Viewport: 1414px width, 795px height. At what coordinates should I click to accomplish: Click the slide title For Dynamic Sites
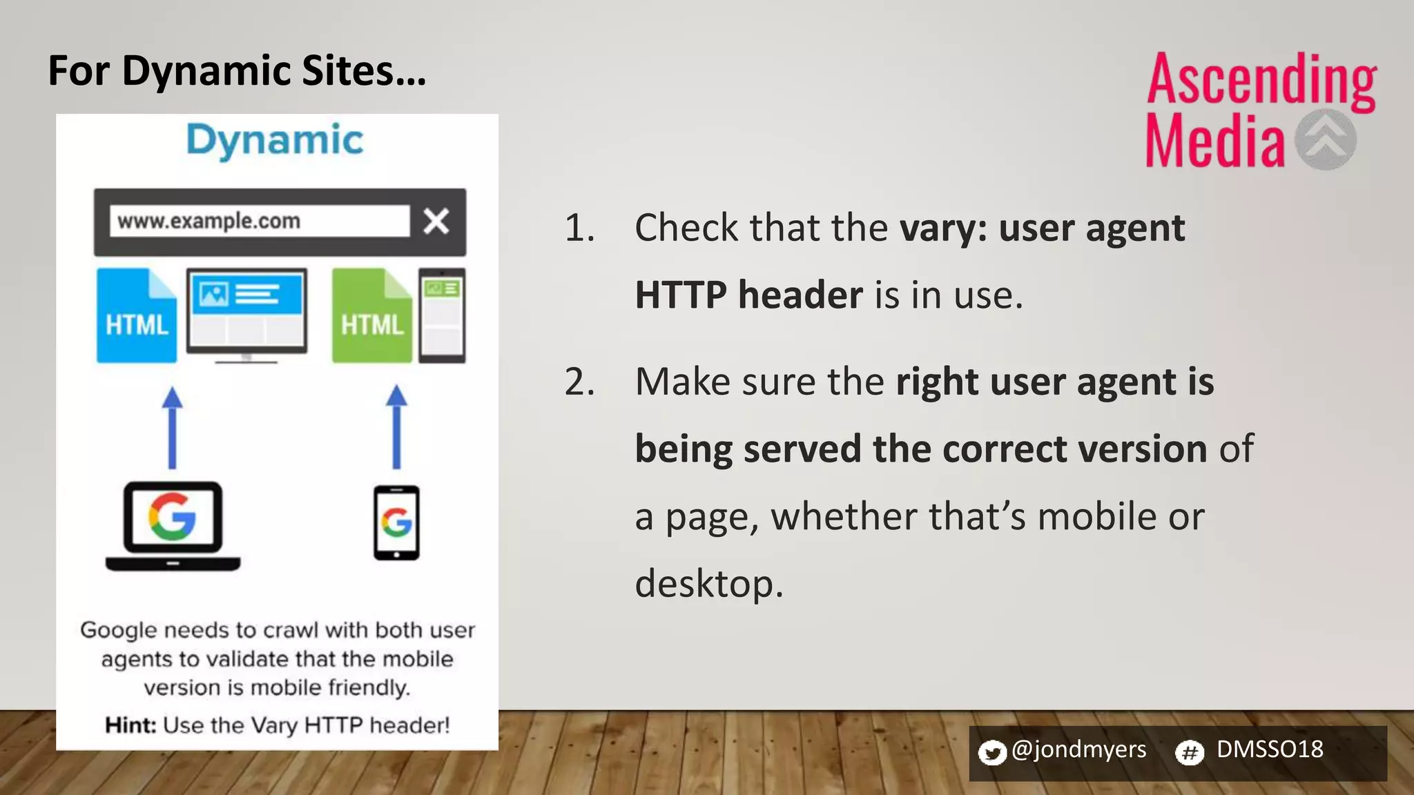[x=237, y=71]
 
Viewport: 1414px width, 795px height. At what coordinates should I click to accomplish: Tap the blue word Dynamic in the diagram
[x=275, y=141]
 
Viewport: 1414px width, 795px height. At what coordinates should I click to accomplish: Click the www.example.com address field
[x=259, y=222]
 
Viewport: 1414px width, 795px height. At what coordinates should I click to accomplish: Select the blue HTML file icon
[x=137, y=316]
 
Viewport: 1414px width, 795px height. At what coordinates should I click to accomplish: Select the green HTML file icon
[x=371, y=316]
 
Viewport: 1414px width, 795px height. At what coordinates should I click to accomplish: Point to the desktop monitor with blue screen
[x=246, y=314]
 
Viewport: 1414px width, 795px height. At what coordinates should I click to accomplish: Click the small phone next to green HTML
[x=443, y=315]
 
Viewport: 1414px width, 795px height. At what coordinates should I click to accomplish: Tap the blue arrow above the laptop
[x=173, y=428]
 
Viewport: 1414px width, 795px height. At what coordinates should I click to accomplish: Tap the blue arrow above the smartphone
[x=396, y=428]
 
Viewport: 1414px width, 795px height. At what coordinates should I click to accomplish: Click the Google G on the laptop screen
[x=173, y=516]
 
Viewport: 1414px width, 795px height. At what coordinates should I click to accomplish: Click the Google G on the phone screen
[x=396, y=522]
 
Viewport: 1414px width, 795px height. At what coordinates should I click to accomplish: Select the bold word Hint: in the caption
[x=130, y=725]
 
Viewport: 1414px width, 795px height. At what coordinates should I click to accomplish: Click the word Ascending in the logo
[x=1261, y=81]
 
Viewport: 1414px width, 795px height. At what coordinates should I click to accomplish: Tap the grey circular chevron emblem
[x=1325, y=139]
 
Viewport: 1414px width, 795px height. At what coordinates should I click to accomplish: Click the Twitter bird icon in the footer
[x=992, y=752]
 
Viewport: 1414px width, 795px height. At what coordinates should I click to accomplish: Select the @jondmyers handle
[x=1078, y=749]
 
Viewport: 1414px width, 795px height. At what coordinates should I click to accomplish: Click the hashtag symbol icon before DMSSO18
[x=1190, y=752]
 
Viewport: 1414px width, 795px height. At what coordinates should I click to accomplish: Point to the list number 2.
[x=579, y=382]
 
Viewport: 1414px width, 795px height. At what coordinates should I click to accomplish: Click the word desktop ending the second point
[x=708, y=584]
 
